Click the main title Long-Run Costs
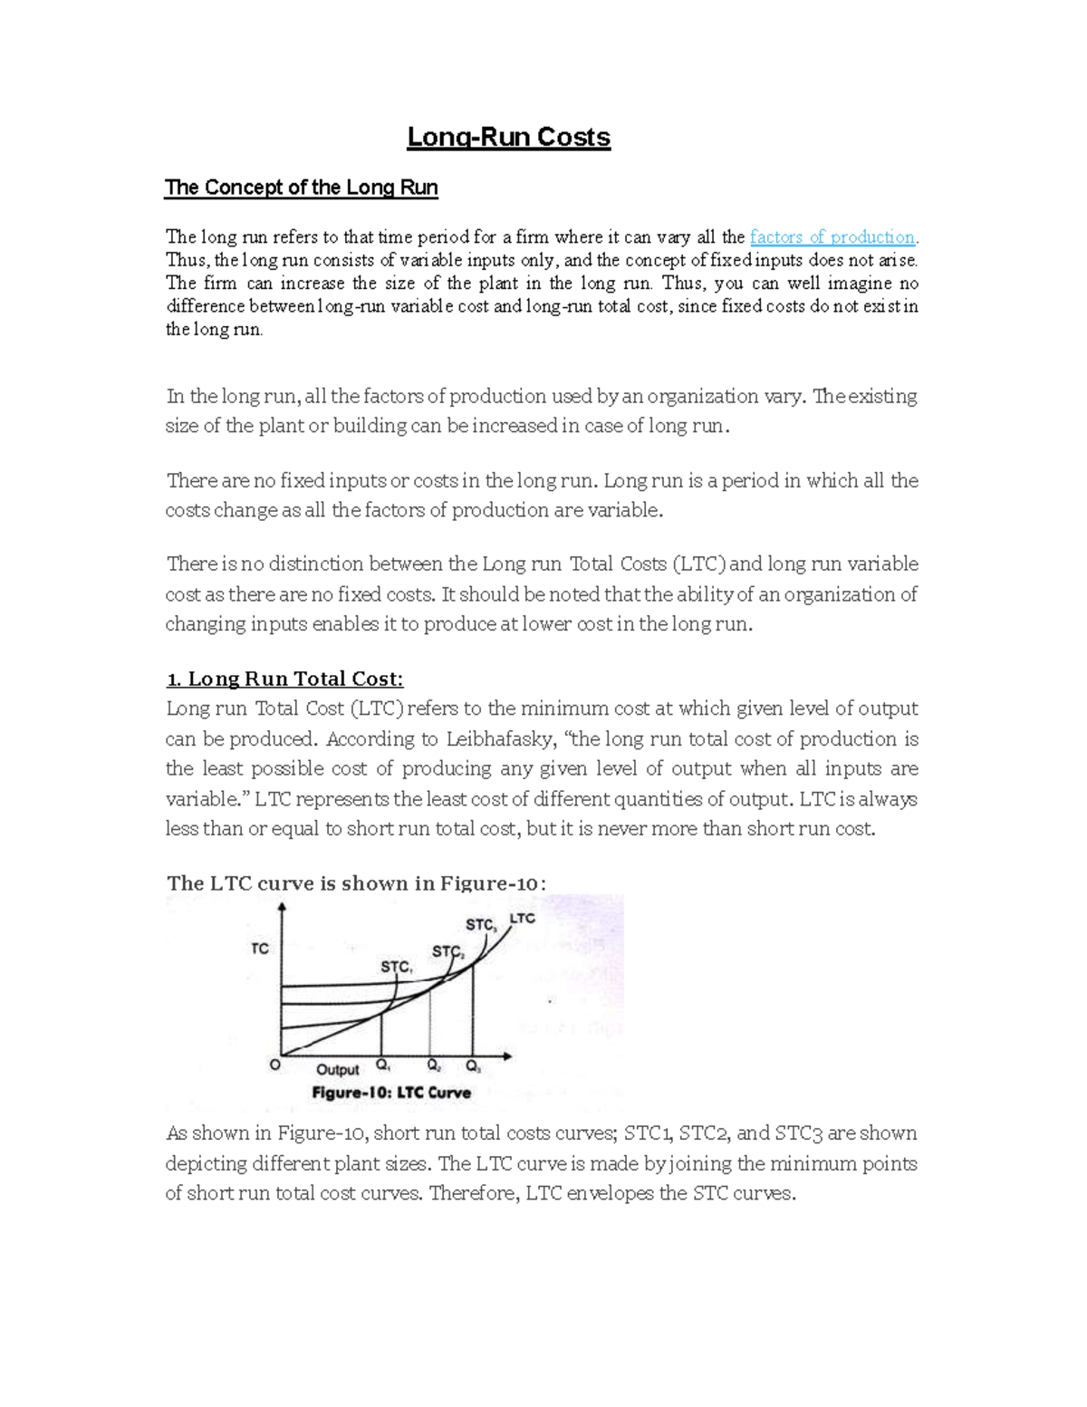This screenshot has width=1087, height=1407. tap(508, 138)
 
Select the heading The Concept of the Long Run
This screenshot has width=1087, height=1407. tap(301, 188)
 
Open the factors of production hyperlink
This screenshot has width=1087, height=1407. tap(832, 237)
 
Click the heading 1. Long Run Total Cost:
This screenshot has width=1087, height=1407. tap(285, 679)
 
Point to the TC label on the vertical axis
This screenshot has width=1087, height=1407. tap(260, 949)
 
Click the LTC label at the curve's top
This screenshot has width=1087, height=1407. tap(523, 919)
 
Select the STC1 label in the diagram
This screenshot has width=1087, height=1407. tap(396, 967)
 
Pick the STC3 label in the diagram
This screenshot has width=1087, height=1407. tap(481, 925)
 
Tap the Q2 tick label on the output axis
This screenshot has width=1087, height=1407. tap(434, 1066)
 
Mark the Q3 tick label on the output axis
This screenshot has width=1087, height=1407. tap(473, 1066)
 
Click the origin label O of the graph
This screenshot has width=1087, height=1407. tap(275, 1066)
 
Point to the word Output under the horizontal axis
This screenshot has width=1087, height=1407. tap(338, 1069)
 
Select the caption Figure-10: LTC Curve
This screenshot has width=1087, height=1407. tap(391, 1093)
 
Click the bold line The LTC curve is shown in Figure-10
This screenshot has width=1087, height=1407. tap(356, 883)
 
